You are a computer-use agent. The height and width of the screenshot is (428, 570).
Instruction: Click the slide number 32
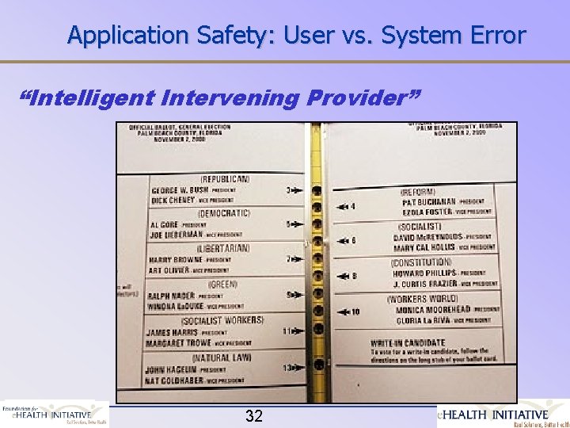pos(253,415)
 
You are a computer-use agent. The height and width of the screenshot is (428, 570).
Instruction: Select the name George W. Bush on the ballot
pos(180,191)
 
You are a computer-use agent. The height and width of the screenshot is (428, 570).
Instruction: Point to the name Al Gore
pos(165,225)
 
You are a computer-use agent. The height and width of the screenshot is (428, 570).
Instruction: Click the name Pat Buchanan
pos(430,202)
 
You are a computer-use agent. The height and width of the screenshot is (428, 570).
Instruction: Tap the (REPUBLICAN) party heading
pos(225,179)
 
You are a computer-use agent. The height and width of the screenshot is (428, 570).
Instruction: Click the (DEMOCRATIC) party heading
pos(224,213)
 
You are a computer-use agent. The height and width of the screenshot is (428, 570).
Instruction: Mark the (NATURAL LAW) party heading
pos(222,357)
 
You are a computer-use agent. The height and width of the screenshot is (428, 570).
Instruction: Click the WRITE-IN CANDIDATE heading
pos(408,343)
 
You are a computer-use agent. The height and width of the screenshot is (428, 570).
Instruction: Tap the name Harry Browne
pos(176,260)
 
